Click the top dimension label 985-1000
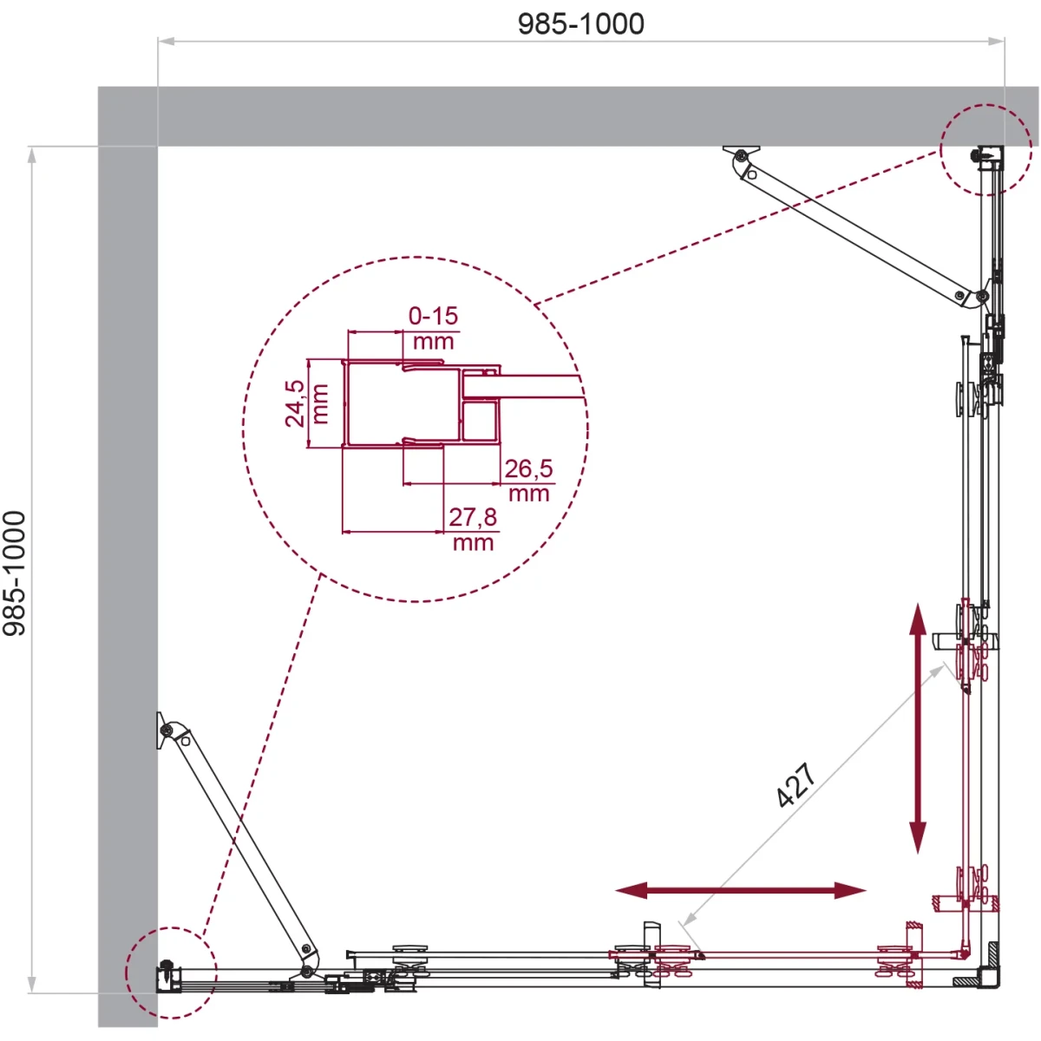tap(580, 24)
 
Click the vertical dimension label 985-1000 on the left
tap(15, 573)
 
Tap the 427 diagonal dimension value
tap(795, 785)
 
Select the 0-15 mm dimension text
tap(433, 328)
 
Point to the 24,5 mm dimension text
tap(306, 403)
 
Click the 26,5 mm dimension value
tap(529, 481)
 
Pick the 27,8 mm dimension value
tap(474, 529)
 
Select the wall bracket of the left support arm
tap(162, 730)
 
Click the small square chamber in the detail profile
tap(480, 420)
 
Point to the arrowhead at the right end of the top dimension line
tap(996, 41)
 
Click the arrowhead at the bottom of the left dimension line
tap(32, 985)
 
